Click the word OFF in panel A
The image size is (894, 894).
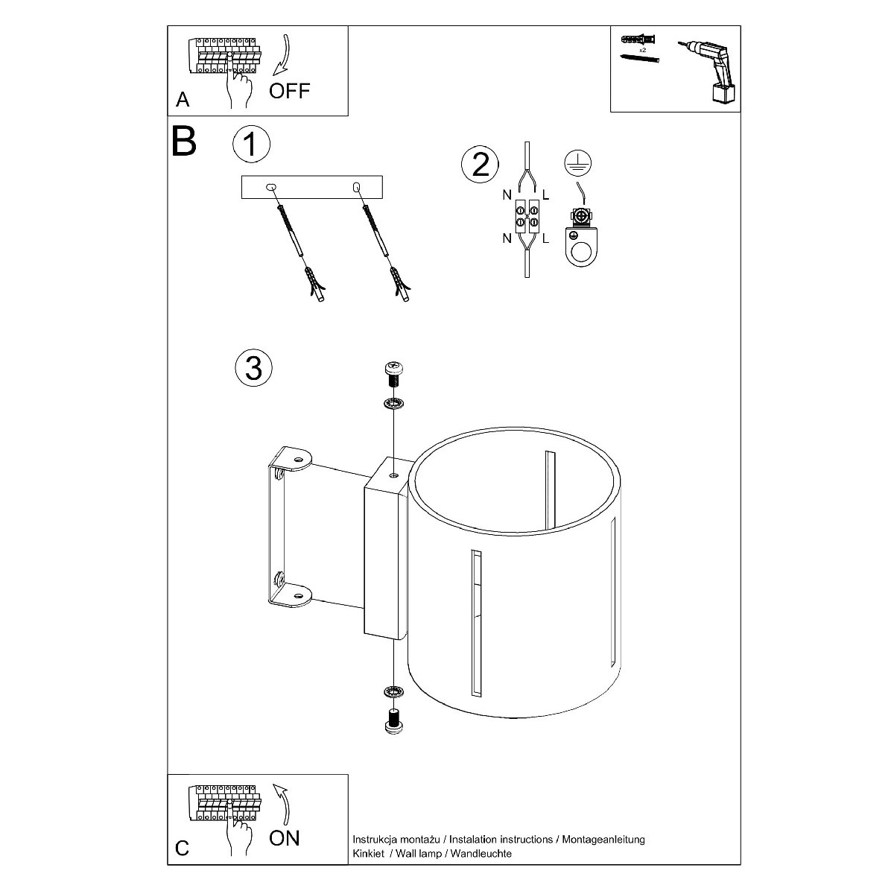click(289, 91)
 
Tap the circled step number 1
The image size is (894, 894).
click(251, 144)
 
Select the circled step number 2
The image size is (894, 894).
click(480, 164)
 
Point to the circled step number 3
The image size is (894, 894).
click(253, 368)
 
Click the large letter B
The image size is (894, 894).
click(184, 141)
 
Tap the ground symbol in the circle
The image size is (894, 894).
click(577, 163)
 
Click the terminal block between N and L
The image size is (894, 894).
click(527, 216)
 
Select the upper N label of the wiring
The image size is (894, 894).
click(507, 195)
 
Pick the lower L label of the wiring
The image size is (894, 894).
click(545, 238)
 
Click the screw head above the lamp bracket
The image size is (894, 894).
click(394, 370)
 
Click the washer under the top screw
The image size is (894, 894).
click(393, 404)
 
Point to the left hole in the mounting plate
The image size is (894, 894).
click(271, 187)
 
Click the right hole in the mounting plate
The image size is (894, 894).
click(356, 187)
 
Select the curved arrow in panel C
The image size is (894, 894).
click(284, 804)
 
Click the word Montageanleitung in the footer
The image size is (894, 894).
click(603, 840)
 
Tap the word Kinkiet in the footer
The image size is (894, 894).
click(368, 853)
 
